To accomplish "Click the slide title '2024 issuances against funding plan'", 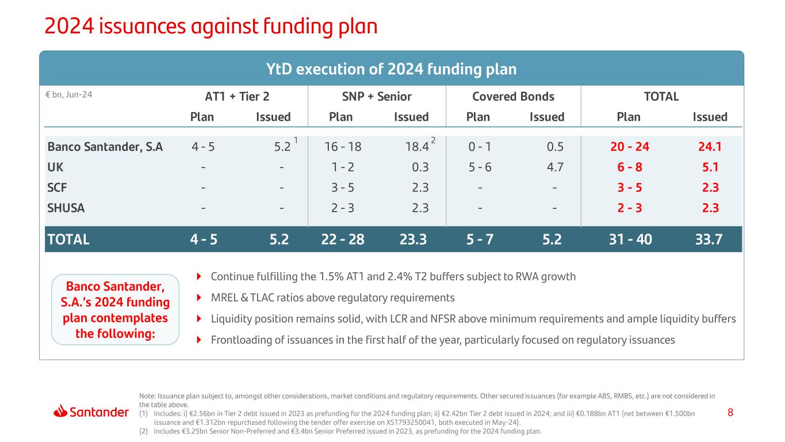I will tap(210, 26).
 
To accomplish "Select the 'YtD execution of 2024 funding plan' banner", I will tap(391, 69).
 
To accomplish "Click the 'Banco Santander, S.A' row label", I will tap(105, 147).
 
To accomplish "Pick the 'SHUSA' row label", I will tap(66, 208).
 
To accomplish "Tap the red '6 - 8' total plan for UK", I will tap(630, 167).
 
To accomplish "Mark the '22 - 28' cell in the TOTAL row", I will tap(343, 239).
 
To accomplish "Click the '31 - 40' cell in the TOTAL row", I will tap(630, 239).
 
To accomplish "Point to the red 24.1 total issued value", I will tap(710, 147).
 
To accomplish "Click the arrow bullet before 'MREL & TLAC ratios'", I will tap(199, 298).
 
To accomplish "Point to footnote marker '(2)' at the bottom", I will tap(144, 431).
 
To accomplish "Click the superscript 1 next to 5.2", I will tap(296, 140).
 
